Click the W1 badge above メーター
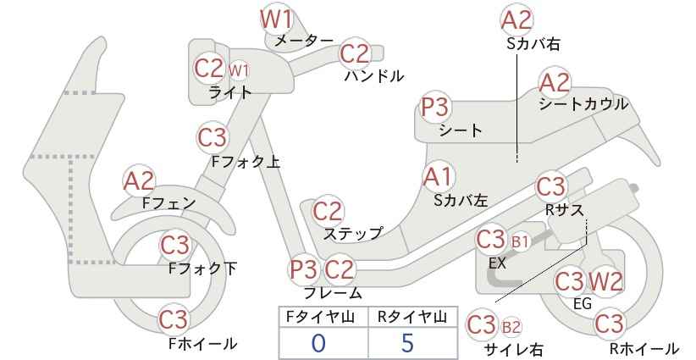276,19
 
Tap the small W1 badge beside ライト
239,71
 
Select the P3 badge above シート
436,107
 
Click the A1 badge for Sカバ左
438,177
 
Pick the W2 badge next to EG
605,281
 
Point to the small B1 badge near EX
520,242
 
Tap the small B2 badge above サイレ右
511,328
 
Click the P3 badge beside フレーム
304,269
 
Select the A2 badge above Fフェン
139,180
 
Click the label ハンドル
374,76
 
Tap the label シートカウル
583,104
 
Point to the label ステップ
352,233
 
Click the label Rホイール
644,349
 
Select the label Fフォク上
246,162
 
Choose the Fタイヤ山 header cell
323,317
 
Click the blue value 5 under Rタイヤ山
407,343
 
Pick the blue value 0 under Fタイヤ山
318,343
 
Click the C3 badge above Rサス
550,187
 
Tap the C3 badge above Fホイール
174,318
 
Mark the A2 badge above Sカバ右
516,19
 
